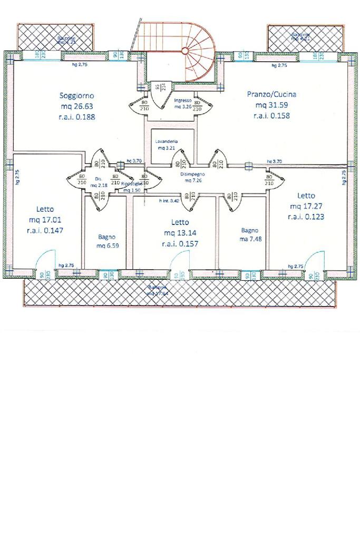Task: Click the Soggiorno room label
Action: point(77,96)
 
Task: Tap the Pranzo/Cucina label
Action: point(271,94)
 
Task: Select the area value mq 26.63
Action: point(77,106)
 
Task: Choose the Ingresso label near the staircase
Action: point(183,100)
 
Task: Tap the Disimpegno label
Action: point(191,173)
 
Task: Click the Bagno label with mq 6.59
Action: point(106,237)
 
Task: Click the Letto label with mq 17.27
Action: point(306,195)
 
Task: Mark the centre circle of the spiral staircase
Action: point(185,51)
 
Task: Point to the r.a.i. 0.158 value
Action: point(271,115)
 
